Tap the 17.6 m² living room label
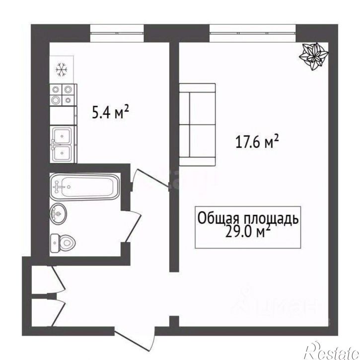pos(257,143)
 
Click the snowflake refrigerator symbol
pos(62,71)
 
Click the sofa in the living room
pos(197,125)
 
